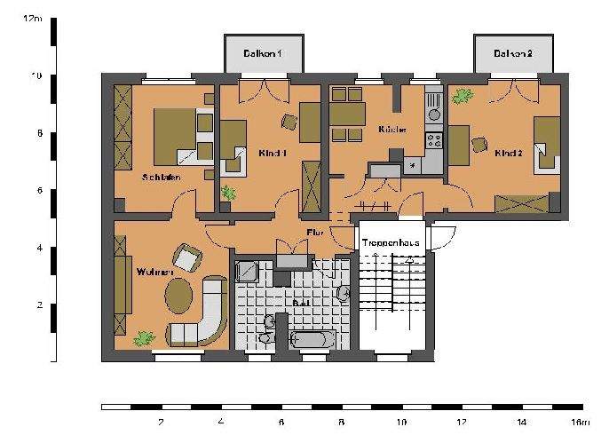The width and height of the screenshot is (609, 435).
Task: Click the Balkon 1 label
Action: pos(263,55)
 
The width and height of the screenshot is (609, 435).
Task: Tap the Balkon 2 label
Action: pos(513,55)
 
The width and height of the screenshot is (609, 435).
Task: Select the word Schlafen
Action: pos(162,177)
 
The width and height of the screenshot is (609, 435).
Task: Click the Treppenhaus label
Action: pos(390,241)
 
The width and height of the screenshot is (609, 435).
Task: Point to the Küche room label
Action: pos(391,130)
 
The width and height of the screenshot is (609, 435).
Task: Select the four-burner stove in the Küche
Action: pos(434,139)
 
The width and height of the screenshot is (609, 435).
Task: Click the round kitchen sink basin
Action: pos(434,115)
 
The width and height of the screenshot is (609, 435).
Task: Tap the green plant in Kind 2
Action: pos(463,95)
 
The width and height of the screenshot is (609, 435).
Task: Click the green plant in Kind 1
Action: pos(229,193)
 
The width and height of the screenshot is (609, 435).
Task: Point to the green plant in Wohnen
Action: pos(144,337)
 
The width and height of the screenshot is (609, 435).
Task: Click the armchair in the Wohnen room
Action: pos(187,258)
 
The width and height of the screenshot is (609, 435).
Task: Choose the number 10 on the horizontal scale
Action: pos(400,423)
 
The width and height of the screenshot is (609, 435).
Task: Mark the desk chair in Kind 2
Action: pos(480,145)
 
